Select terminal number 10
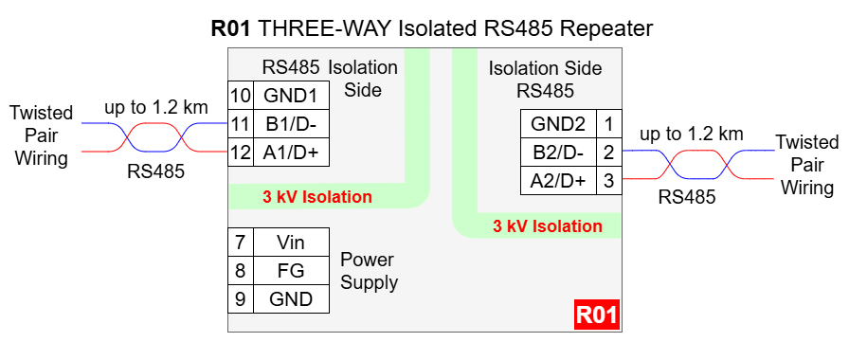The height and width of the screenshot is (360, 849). tap(241, 96)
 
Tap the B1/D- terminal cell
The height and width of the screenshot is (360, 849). tap(291, 124)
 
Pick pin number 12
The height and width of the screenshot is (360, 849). tap(241, 153)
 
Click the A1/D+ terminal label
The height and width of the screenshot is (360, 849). tap(290, 153)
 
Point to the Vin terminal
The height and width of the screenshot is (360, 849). tap(291, 242)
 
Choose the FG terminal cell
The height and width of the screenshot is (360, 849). tap(291, 270)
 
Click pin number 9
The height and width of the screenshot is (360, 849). tap(241, 298)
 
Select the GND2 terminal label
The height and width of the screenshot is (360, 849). tap(558, 124)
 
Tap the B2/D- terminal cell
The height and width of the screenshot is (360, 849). tap(558, 153)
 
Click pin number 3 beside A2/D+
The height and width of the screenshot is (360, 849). tap(609, 181)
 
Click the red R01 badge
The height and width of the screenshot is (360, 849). tap(597, 315)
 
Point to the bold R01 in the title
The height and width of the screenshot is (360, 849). tap(231, 28)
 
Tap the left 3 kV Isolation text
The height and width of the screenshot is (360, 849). tap(317, 196)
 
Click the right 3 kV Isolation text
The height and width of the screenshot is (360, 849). tap(548, 225)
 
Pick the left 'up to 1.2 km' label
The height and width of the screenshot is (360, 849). tap(156, 107)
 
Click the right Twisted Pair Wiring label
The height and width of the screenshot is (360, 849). tap(806, 165)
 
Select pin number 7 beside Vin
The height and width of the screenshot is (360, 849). tap(241, 242)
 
